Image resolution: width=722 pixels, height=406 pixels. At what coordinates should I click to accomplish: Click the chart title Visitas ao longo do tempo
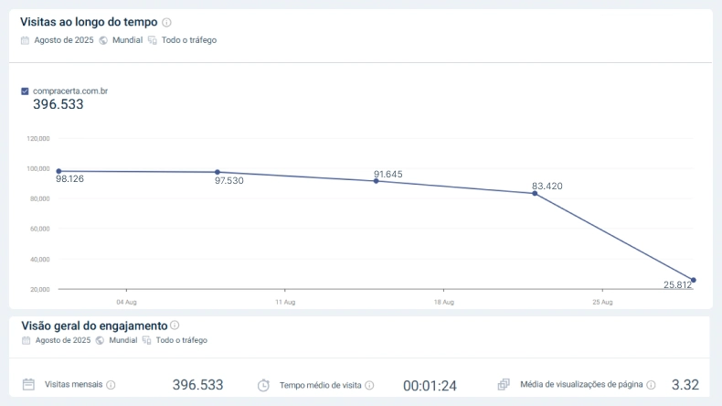[89, 22]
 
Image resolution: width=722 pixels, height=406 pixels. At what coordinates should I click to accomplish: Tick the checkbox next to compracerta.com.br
[25, 91]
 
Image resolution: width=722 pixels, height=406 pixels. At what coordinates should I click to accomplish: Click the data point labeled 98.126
[58, 171]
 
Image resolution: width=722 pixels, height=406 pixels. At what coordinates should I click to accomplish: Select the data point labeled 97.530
[218, 172]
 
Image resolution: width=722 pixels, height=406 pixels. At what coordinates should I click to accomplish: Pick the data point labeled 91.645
[376, 181]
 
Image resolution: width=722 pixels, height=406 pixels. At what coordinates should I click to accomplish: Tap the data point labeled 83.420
[535, 193]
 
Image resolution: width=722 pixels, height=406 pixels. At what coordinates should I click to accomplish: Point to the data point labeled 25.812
[694, 280]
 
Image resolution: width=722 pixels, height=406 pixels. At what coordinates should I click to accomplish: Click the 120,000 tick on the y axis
[38, 139]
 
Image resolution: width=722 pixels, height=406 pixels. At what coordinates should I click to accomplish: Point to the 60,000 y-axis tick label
[39, 229]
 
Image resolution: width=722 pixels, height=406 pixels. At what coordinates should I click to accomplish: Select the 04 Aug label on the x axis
[126, 302]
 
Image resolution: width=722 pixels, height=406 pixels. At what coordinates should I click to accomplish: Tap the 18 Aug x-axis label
[443, 302]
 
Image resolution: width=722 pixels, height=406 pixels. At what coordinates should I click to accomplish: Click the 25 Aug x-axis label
[602, 302]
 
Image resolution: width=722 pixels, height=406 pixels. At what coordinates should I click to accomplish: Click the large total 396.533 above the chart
[58, 105]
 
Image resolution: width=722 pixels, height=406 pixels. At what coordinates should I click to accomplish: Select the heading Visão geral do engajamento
[93, 326]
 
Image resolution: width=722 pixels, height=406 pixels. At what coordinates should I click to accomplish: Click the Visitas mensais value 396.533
[197, 385]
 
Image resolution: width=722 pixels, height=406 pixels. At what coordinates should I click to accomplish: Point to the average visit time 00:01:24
[430, 386]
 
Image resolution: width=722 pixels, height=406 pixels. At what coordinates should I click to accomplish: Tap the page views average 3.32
[685, 385]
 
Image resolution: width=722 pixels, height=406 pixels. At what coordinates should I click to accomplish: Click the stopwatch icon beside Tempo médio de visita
[263, 385]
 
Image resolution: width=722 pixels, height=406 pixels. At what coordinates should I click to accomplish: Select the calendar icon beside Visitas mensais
[28, 385]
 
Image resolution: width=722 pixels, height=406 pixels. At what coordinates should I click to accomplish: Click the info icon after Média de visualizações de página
[651, 385]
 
